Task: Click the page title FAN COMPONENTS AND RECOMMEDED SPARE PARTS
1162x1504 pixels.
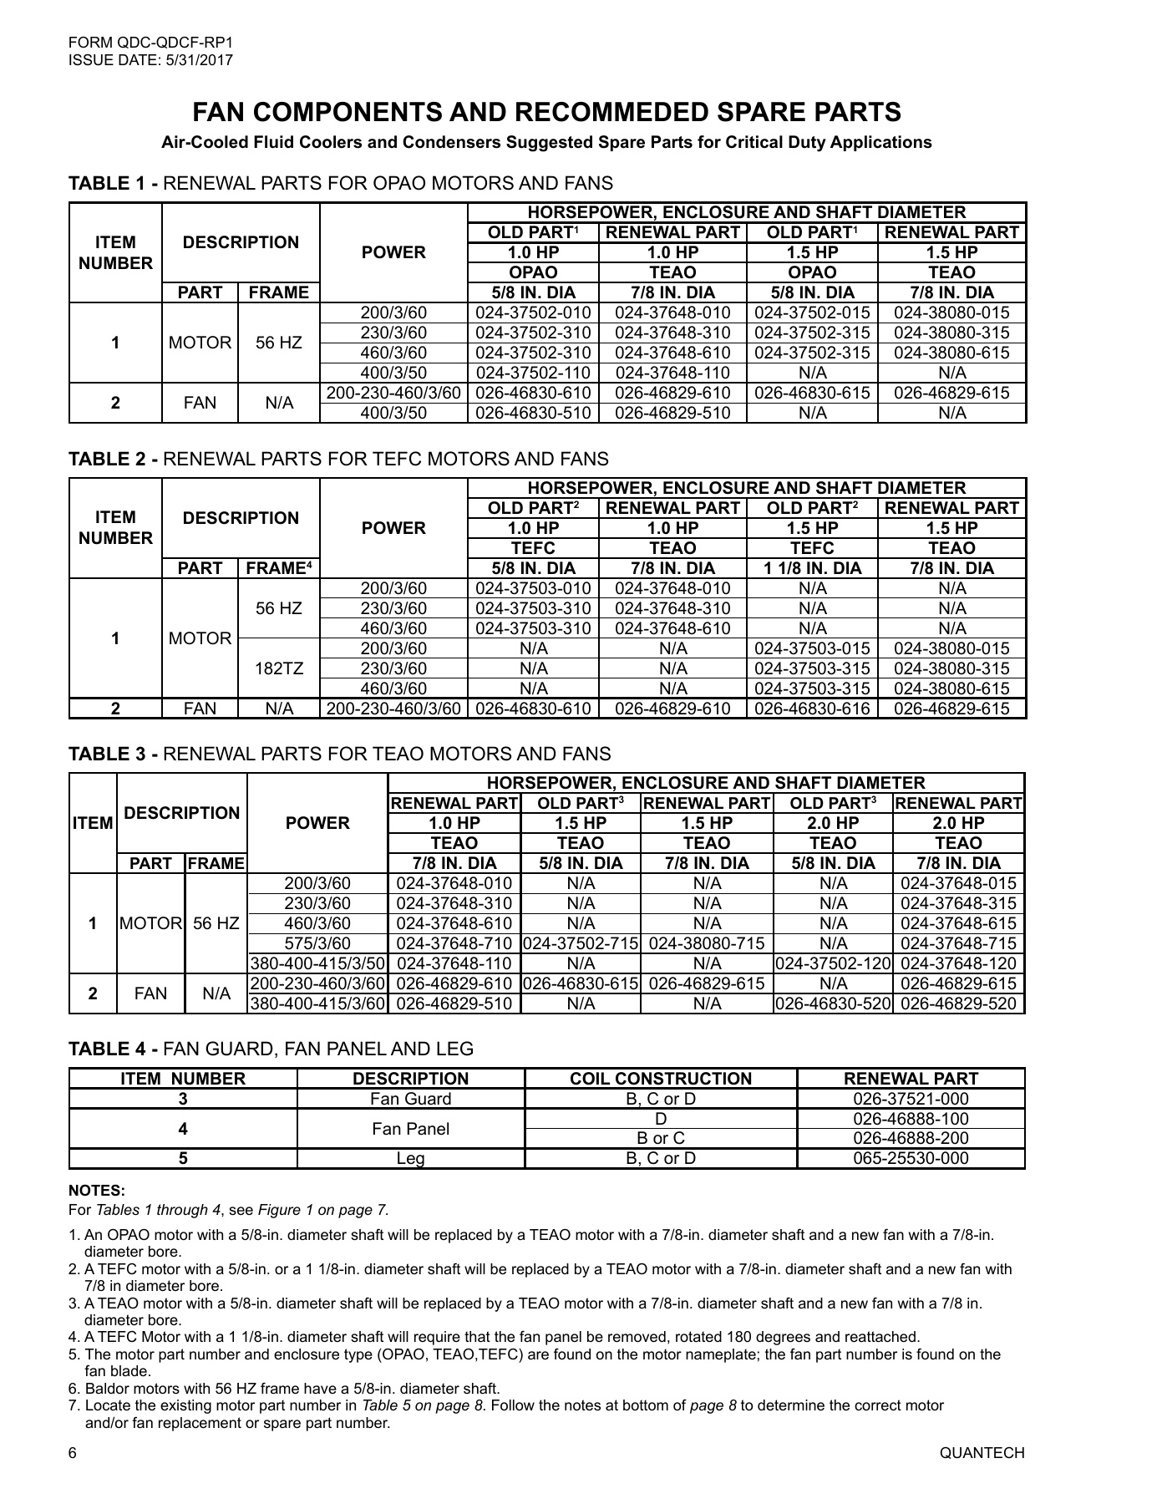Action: [x=546, y=112]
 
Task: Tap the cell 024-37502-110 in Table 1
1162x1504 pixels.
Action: [x=533, y=373]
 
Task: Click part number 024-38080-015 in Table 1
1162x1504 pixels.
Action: [x=951, y=312]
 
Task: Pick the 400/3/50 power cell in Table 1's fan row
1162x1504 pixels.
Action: [x=393, y=413]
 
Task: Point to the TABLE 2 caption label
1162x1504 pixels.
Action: [x=114, y=459]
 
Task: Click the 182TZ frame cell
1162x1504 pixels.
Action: [x=279, y=668]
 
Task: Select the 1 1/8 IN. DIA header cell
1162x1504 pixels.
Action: [x=812, y=568]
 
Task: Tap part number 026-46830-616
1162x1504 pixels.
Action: [x=812, y=709]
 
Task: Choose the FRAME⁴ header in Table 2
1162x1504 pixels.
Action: [x=279, y=568]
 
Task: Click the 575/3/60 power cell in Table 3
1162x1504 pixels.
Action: [x=317, y=943]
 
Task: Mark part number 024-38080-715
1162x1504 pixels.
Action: [x=707, y=943]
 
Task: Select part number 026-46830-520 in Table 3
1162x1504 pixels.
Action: [x=833, y=1004]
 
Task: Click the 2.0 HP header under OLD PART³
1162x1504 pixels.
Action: [x=833, y=823]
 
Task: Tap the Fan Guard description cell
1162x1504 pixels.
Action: [x=410, y=1099]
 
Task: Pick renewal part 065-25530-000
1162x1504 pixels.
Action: [x=911, y=1158]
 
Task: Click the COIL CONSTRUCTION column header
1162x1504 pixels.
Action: [x=660, y=1079]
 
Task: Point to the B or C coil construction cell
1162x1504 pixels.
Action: [x=660, y=1138]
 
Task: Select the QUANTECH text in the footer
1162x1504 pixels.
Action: [x=982, y=1453]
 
